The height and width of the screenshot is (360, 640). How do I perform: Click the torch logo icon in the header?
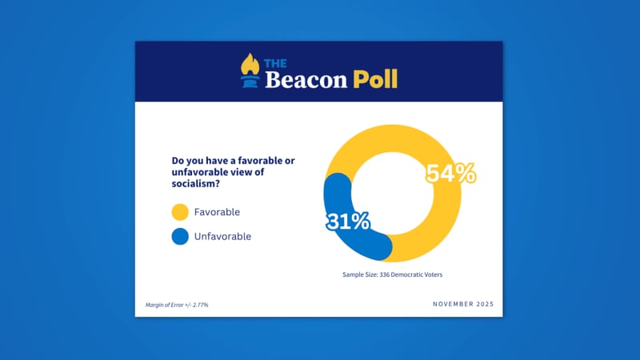(250, 70)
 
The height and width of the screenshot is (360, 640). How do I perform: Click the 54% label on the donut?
(450, 174)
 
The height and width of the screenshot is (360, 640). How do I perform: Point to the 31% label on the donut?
(347, 221)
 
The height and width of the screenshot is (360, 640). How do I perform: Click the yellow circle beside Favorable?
(179, 212)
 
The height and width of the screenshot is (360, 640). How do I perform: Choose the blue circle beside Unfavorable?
(179, 236)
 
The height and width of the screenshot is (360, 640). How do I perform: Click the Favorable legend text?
(217, 212)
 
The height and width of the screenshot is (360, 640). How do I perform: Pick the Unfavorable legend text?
(222, 236)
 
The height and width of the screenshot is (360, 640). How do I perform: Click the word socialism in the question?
(188, 186)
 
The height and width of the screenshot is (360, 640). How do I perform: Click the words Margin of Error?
(166, 305)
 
